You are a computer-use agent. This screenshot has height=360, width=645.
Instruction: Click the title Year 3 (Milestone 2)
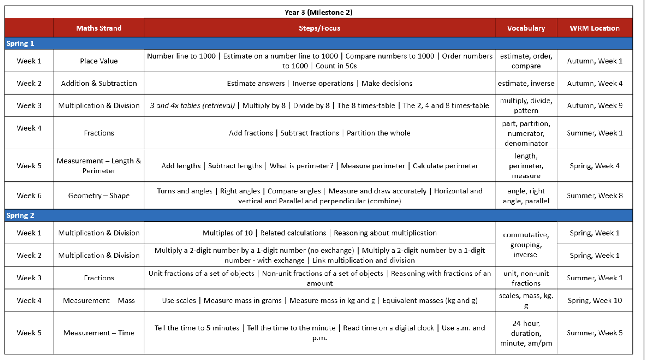coord(318,12)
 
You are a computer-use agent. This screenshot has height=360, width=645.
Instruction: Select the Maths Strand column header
coord(99,28)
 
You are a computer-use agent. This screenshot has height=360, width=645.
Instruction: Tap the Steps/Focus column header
coord(319,28)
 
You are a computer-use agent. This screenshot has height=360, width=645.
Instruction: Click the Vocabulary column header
coord(526,28)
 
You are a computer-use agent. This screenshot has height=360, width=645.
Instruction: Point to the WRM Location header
coord(594,28)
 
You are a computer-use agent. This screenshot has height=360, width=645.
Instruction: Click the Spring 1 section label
coord(20,44)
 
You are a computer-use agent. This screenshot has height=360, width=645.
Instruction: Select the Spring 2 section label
coord(20,216)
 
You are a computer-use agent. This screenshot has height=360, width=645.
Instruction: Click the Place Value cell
coord(99,61)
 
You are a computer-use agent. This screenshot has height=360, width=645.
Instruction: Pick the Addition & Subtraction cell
coord(99,83)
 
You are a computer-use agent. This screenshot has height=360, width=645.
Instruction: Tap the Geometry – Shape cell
coord(99,195)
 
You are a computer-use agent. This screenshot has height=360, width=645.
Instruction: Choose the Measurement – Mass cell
coord(99,301)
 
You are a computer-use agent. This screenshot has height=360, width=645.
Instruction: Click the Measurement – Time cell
coord(99,333)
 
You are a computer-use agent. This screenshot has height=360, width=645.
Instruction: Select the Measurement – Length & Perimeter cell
coord(99,166)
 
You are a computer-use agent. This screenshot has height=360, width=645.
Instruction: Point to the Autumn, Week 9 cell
coord(594,105)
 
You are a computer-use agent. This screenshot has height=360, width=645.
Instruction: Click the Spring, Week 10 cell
coord(594,301)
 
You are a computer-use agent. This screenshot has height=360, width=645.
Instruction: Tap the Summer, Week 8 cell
coord(594,195)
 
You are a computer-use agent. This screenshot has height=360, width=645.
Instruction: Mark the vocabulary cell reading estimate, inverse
coord(526,83)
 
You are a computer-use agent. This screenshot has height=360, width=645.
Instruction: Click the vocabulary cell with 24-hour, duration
coord(526,333)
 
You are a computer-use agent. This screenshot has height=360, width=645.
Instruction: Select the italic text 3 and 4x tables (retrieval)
coord(193,105)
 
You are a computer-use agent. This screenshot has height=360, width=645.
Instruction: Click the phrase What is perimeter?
coord(301,166)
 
